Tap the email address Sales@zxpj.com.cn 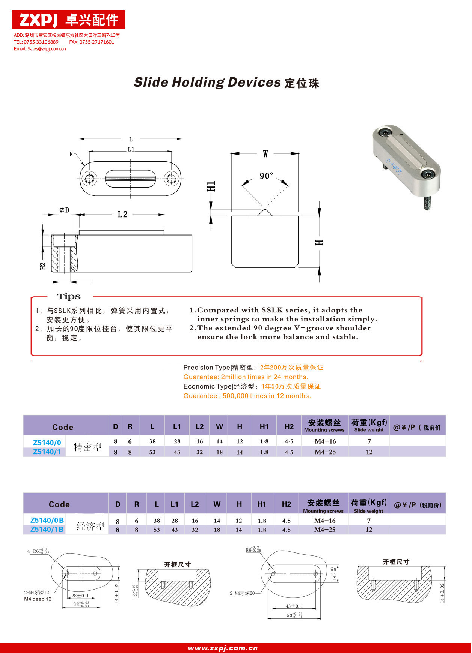tap(40, 49)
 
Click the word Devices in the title tap(254, 82)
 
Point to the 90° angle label tap(266, 176)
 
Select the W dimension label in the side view tap(265, 154)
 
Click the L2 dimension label tap(122, 214)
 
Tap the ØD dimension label tap(64, 210)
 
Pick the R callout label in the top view tap(71, 154)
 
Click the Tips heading tap(69, 297)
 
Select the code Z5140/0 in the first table tap(47, 443)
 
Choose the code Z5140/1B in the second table tap(47, 529)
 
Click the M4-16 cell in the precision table tap(325, 441)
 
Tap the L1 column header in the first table tap(177, 426)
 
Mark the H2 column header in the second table tap(286, 504)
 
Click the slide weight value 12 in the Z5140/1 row tap(369, 452)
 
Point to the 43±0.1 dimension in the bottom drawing tap(294, 606)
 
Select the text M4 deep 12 tap(38, 599)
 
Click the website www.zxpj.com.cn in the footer tap(223, 648)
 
